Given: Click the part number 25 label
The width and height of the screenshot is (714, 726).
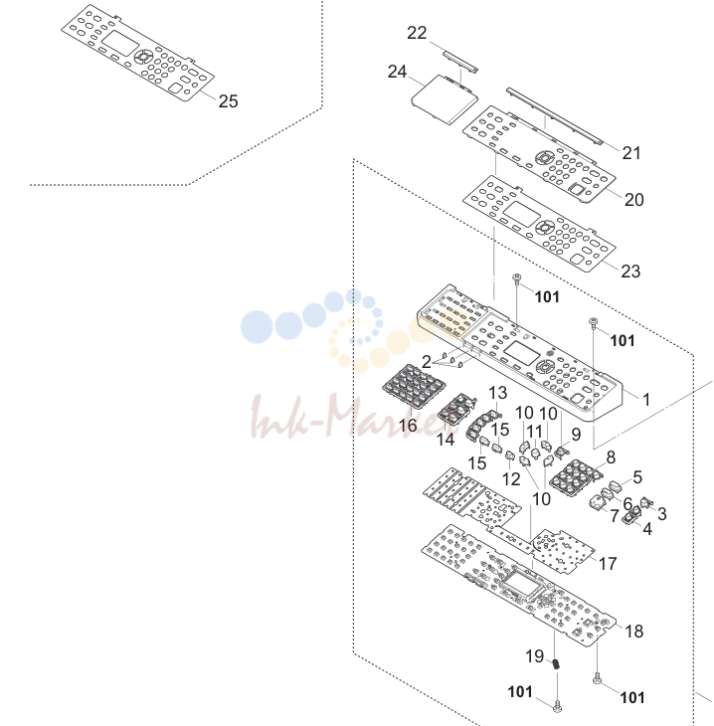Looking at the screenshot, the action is click(229, 101).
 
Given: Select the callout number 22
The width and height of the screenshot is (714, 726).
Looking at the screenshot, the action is click(417, 33).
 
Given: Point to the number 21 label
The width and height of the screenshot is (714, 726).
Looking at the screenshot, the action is click(631, 153).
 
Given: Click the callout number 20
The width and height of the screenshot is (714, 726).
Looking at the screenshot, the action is click(633, 200).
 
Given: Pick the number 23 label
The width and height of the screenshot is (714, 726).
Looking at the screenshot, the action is click(630, 272).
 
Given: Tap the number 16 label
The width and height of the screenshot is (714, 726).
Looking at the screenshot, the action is click(408, 425).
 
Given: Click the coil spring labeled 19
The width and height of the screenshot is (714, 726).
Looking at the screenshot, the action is click(556, 664).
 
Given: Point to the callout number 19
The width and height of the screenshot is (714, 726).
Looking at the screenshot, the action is click(534, 656).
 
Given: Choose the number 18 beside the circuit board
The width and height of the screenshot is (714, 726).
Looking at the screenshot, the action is click(633, 632).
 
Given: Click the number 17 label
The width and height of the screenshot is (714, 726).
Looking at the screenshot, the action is click(608, 564).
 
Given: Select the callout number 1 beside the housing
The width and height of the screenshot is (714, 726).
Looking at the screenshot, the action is click(646, 400).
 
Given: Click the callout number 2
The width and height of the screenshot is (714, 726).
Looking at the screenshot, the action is click(427, 362).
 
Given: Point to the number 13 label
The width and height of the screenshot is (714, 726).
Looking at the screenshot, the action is click(498, 393).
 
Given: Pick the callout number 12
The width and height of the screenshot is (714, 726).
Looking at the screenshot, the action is click(511, 479).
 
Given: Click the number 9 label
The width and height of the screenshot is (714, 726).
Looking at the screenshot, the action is click(576, 435).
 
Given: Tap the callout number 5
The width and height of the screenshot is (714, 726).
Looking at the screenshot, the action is click(637, 477).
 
